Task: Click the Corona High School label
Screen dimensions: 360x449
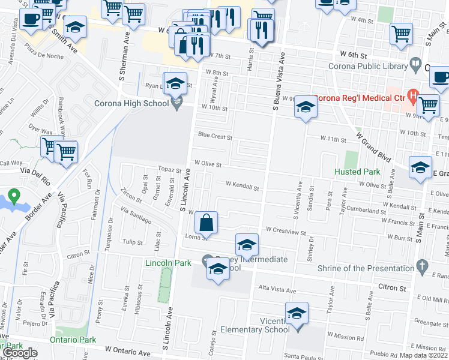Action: tap(131, 103)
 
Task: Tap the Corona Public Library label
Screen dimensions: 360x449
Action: tap(366, 66)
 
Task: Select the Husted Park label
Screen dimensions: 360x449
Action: tap(357, 172)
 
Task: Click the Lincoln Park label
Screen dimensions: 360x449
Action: tap(168, 263)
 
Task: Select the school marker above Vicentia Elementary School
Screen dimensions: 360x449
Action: tap(296, 314)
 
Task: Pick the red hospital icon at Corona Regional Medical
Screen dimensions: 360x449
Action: tap(412, 94)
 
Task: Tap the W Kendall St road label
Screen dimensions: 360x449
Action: tap(242, 188)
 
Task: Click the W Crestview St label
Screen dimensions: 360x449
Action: tap(286, 230)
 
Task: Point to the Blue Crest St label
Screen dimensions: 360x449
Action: tap(215, 136)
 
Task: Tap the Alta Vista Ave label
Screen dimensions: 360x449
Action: tap(277, 290)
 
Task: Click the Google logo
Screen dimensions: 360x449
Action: tap(21, 353)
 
